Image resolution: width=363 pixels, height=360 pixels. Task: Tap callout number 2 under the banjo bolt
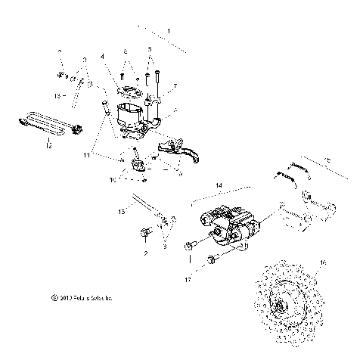point(144,254)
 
